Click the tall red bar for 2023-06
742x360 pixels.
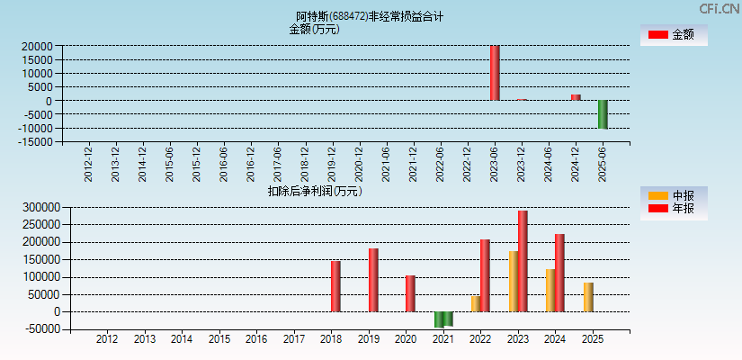(x=495, y=73)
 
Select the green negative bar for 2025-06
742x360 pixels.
(x=603, y=114)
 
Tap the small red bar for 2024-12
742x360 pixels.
(x=576, y=97)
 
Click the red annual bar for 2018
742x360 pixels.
(x=335, y=286)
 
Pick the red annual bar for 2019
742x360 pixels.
(x=373, y=280)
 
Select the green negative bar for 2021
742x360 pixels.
(x=443, y=319)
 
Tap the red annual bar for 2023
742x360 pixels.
(x=523, y=261)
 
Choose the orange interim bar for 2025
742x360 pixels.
(x=588, y=297)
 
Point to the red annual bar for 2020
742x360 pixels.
(x=410, y=293)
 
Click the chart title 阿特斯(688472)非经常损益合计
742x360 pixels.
(x=370, y=16)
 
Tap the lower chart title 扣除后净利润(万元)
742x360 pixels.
(x=314, y=191)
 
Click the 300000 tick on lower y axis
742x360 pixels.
(x=39, y=207)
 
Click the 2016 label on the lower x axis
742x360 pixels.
(x=256, y=339)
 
